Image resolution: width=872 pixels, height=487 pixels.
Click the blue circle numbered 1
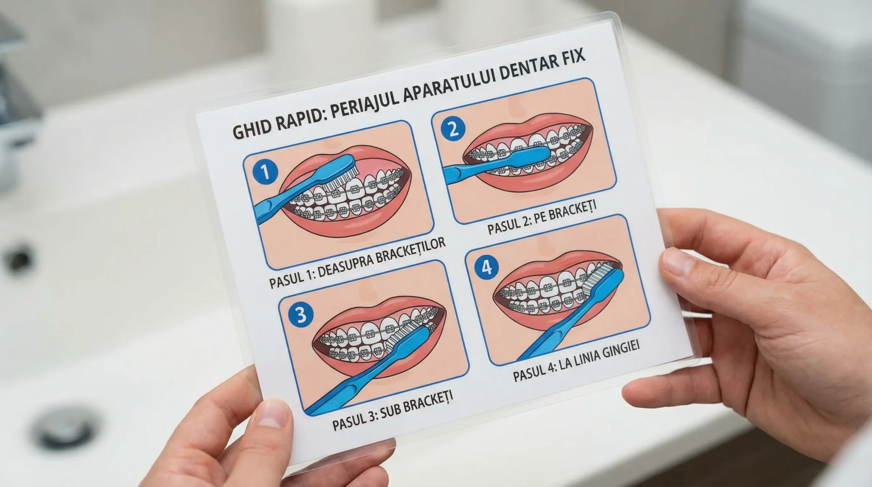pos(265,172)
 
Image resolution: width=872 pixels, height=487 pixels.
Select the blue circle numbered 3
pos(300,315)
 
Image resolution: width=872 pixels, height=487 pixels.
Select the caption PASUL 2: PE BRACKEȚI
pos(542,216)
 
